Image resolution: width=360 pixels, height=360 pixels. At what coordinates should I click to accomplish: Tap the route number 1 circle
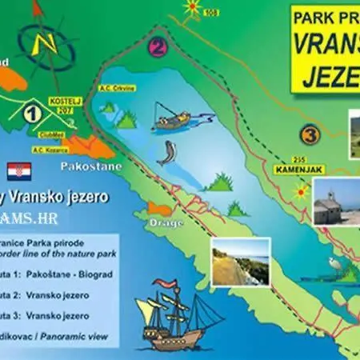pos(32,114)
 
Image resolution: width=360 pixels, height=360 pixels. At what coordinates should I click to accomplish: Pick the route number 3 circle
pos(310,133)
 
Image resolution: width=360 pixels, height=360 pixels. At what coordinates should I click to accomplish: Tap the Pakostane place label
pos(87,167)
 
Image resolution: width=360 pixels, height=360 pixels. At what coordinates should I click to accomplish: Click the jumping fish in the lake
pos(166,152)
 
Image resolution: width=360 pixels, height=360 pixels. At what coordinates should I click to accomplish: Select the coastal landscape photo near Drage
pos(240,261)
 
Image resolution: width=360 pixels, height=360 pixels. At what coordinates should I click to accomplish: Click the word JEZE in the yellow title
pos(329,74)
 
